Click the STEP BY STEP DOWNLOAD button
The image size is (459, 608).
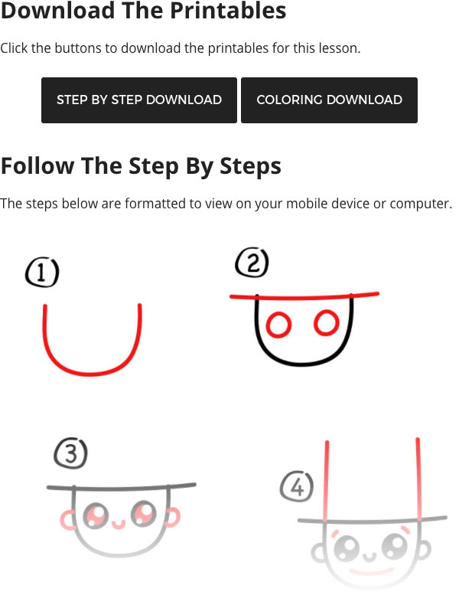pyautogui.click(x=139, y=100)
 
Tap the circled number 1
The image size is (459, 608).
pyautogui.click(x=42, y=272)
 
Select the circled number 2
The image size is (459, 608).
pyautogui.click(x=252, y=263)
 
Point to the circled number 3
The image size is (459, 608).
pyautogui.click(x=71, y=453)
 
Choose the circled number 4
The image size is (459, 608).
pyautogui.click(x=297, y=487)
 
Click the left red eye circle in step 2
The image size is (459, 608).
pyautogui.click(x=278, y=324)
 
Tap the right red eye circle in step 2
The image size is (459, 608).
pyautogui.click(x=327, y=322)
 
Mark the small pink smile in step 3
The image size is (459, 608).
pyautogui.click(x=119, y=525)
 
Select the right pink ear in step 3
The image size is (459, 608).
pyautogui.click(x=174, y=517)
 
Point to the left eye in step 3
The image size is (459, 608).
pyautogui.click(x=95, y=515)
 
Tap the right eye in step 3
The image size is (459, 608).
pyautogui.click(x=144, y=512)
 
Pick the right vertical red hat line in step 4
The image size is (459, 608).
pyautogui.click(x=418, y=479)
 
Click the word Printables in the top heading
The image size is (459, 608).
pyautogui.click(x=228, y=11)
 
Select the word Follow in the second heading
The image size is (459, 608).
pyautogui.click(x=37, y=166)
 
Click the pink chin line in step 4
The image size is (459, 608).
pyautogui.click(x=371, y=571)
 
